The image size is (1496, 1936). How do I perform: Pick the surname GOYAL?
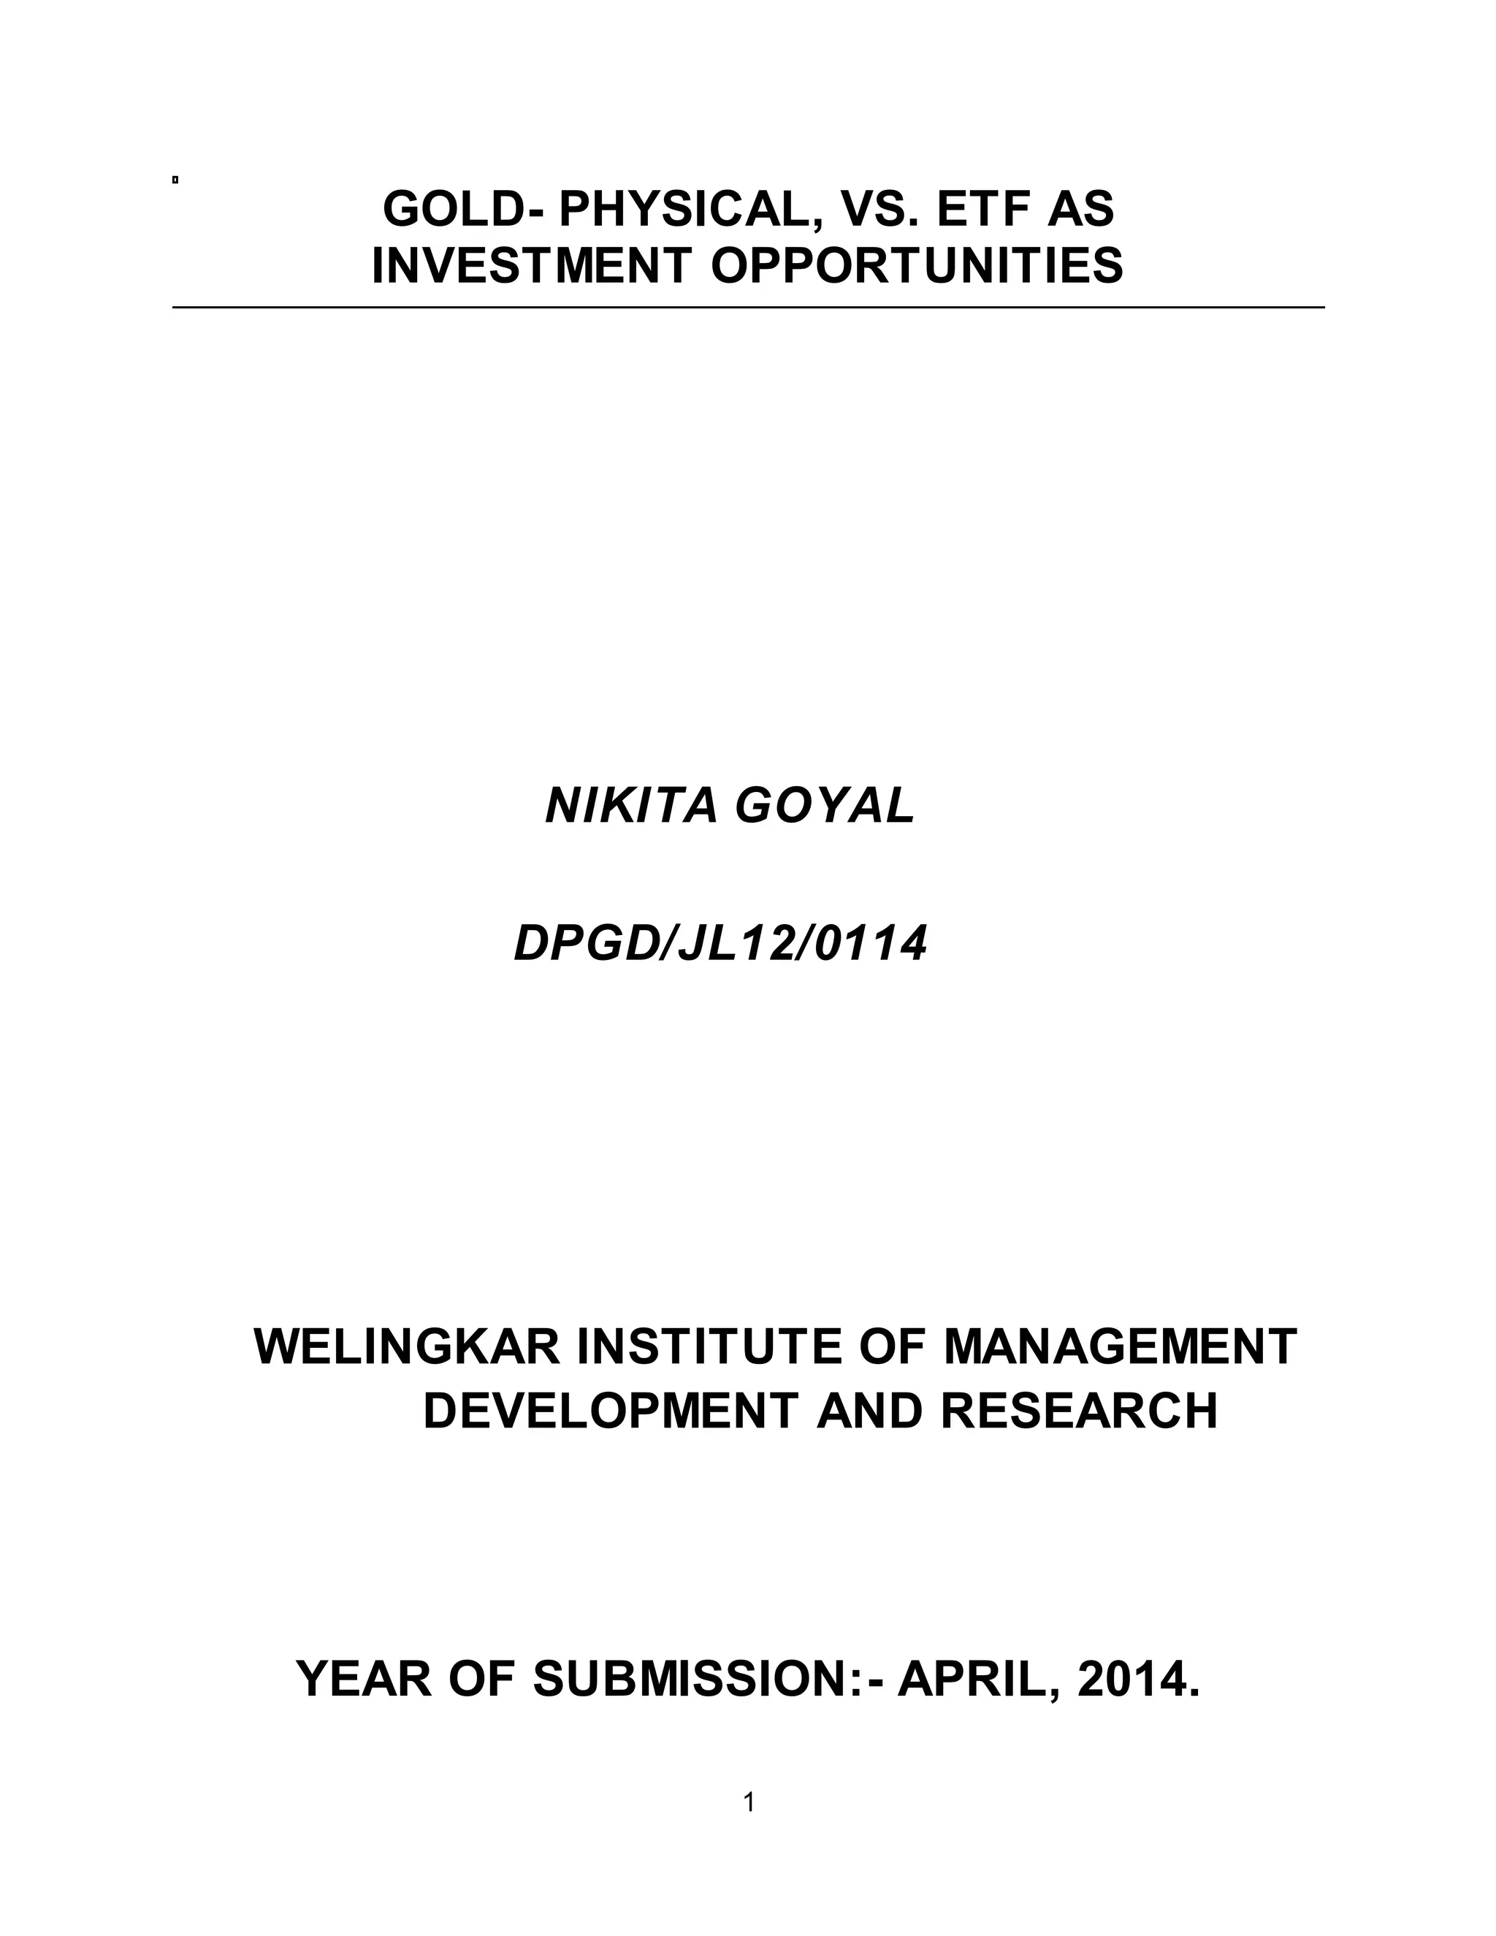[x=825, y=806]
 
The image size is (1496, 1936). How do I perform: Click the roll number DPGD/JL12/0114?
[x=720, y=944]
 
